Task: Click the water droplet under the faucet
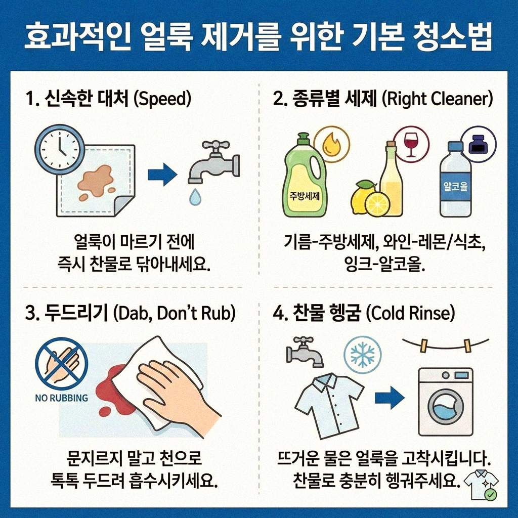[195, 197]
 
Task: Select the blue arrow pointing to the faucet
[162, 175]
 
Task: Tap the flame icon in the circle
[332, 145]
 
